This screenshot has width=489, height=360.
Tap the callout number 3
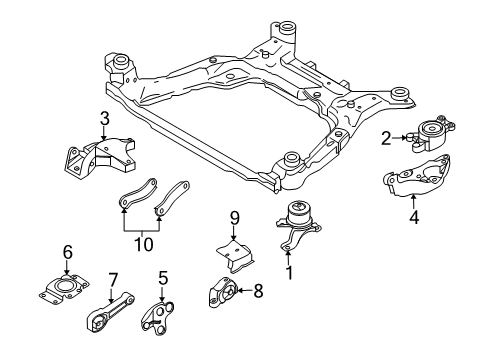(x=103, y=121)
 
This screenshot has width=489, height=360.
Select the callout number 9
(x=235, y=218)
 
